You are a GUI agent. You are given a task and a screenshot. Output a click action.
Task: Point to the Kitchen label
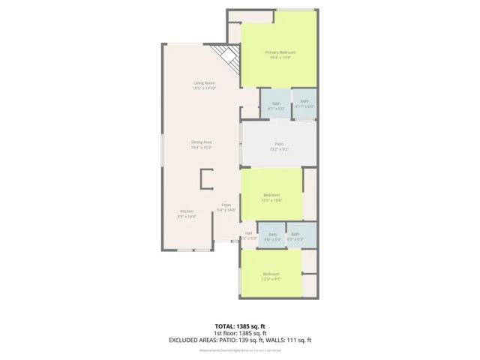coord(187,211)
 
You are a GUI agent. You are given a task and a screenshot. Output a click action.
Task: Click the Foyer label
coord(226,205)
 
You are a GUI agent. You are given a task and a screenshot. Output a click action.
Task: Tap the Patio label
coord(278,143)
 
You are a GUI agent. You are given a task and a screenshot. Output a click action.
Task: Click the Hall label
coord(249,232)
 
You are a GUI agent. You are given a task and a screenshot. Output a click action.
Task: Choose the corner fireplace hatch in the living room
coord(226,55)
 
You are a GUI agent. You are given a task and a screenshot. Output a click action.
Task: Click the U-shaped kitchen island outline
coord(205,178)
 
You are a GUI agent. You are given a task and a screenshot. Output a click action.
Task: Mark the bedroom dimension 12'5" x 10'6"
coord(271,200)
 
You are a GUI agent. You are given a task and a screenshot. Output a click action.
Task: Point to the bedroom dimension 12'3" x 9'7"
coord(271,279)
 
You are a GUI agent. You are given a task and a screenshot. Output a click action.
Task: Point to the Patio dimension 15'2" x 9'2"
coord(278,149)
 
